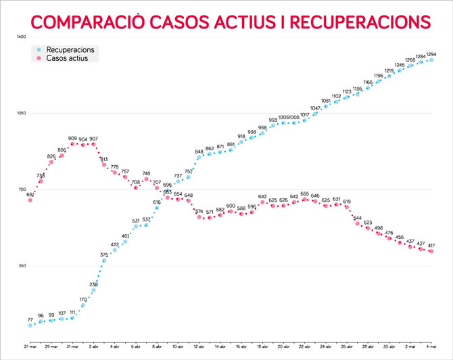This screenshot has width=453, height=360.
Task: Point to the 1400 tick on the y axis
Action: pyautogui.click(x=21, y=37)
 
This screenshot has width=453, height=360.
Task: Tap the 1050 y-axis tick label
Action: pyautogui.click(x=21, y=113)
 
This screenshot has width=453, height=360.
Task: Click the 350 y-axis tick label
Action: pyautogui.click(x=22, y=266)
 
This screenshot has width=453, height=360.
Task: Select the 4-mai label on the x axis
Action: pyautogui.click(x=431, y=346)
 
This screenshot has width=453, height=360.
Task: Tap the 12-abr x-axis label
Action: pyautogui.click(x=199, y=346)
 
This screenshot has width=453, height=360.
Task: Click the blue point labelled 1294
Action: pyautogui.click(x=431, y=60)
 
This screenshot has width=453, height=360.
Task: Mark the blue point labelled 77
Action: pyautogui.click(x=30, y=325)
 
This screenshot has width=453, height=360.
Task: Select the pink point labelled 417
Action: pyautogui.click(x=431, y=252)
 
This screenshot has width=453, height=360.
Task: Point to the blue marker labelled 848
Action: pyautogui.click(x=199, y=158)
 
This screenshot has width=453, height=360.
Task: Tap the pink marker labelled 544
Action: pyautogui.click(x=357, y=223)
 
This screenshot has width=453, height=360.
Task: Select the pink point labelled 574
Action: pyautogui.click(x=199, y=217)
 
